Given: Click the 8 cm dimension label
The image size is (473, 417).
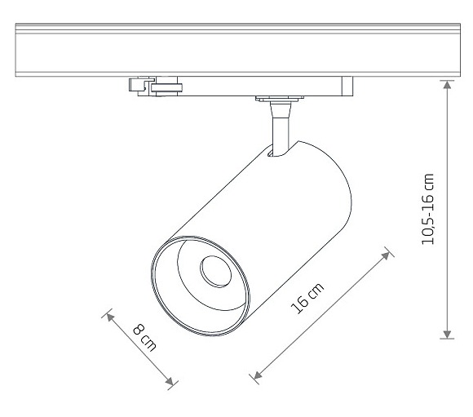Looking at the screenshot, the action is (144, 337).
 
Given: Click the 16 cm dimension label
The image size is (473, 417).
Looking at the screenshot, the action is (307, 299).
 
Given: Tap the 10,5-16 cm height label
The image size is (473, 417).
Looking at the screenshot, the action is (427, 209).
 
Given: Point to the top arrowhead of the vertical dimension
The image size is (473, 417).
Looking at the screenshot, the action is (447, 85).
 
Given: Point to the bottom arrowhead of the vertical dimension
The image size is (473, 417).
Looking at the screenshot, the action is (447, 335).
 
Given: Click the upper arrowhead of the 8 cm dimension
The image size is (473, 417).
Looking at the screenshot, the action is (110, 317).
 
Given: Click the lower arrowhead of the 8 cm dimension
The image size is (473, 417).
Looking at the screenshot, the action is (170, 381).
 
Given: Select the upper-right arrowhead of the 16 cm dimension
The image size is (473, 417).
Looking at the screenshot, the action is (385, 255).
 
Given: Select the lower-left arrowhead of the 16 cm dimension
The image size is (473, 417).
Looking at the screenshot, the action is (258, 375).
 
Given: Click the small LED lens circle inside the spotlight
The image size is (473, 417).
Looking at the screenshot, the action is (215, 272).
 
